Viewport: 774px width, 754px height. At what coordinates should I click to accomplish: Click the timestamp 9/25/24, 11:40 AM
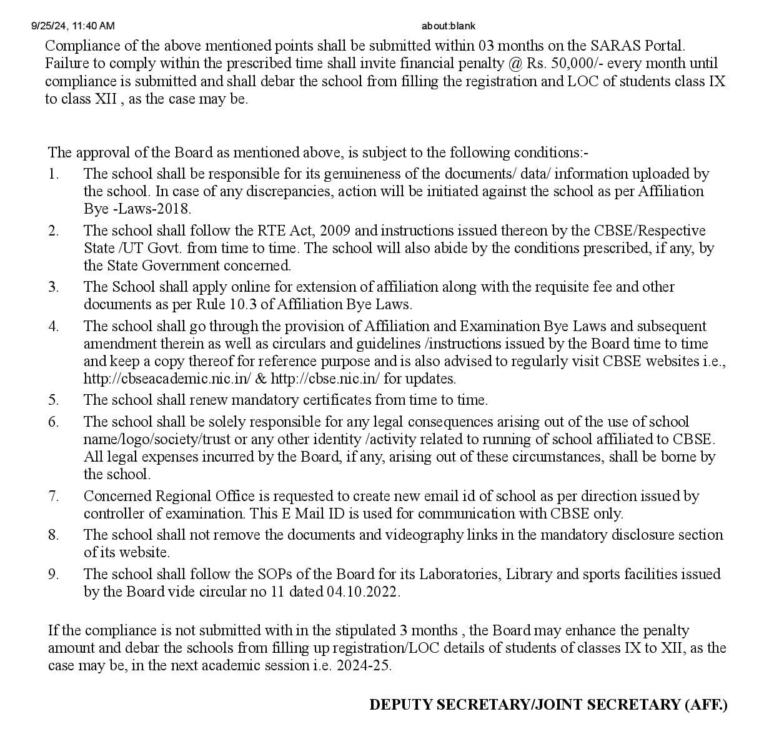[x=72, y=26]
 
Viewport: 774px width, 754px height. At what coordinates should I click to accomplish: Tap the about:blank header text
[x=448, y=26]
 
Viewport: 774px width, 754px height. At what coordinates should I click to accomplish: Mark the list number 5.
[x=54, y=400]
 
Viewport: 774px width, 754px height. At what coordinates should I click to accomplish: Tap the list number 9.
[x=54, y=574]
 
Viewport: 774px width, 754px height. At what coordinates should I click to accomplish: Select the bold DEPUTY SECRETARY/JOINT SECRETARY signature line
[x=548, y=705]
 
